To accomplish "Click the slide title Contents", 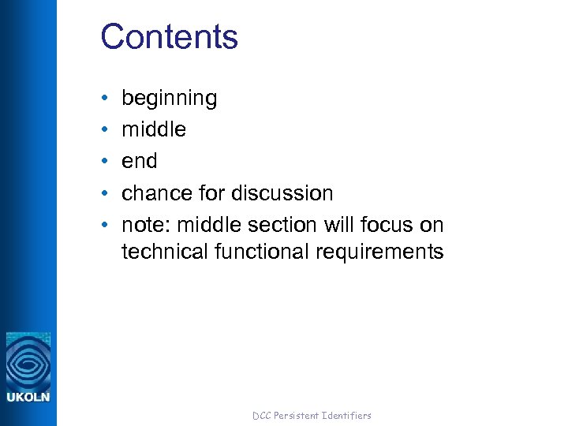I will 169,37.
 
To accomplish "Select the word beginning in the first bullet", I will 169,99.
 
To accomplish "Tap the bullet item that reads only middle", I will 154,129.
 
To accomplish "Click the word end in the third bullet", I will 139,161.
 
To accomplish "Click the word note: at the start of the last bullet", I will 146,225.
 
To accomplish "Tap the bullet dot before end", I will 105,162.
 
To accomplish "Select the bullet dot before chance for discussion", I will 105,194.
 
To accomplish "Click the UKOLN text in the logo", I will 28,397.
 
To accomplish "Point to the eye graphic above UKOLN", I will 28,361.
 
